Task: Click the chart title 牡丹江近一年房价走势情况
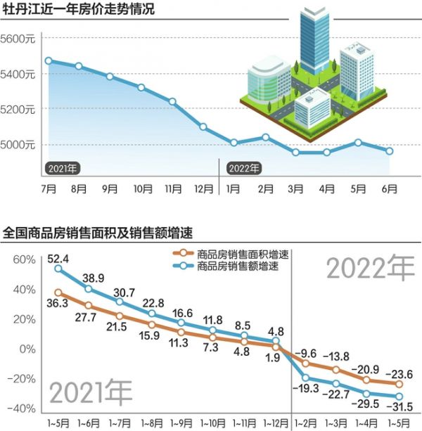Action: (x=79, y=10)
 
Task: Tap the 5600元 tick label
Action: (x=18, y=39)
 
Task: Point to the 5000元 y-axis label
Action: (x=18, y=145)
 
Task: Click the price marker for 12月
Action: (x=203, y=127)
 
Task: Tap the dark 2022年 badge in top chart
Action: (x=243, y=168)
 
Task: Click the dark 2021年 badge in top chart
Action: (x=63, y=168)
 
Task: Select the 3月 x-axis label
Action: (x=296, y=189)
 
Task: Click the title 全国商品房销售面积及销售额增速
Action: (x=98, y=231)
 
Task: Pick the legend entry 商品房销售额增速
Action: (x=233, y=267)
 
